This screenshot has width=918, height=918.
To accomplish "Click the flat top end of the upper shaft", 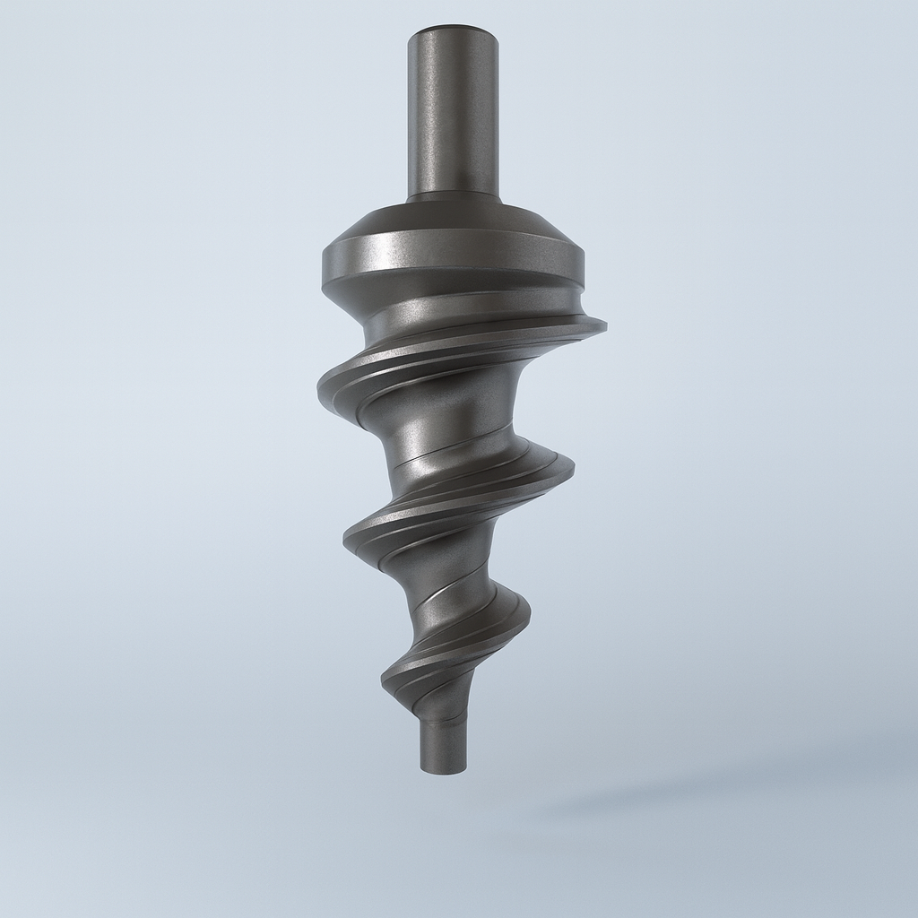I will tap(453, 31).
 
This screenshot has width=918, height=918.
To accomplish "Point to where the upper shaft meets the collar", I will tap(453, 195).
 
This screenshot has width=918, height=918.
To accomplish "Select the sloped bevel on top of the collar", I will tap(453, 218).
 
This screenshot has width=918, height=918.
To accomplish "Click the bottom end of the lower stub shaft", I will tap(444, 769).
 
